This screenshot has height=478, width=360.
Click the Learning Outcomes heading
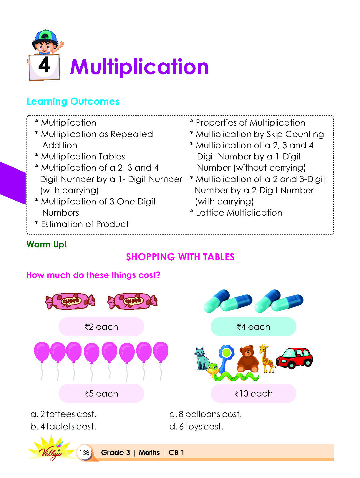tap(73, 101)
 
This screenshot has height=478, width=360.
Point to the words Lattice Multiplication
tap(239, 213)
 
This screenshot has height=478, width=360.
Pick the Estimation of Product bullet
tap(85, 224)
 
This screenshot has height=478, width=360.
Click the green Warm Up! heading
tap(47, 244)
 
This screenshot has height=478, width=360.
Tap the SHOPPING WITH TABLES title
tap(180, 257)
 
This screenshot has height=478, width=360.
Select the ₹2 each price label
tap(101, 327)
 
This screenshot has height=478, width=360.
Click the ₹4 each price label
tap(253, 327)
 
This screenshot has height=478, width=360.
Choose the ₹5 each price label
tap(101, 394)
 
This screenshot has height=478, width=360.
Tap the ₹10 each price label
tap(253, 394)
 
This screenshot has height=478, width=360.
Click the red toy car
tap(294, 358)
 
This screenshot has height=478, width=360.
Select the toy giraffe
tap(266, 358)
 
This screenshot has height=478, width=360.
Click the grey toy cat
tap(202, 358)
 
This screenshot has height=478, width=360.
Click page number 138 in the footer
tap(84, 452)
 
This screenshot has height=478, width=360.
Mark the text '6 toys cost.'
tap(201, 427)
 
